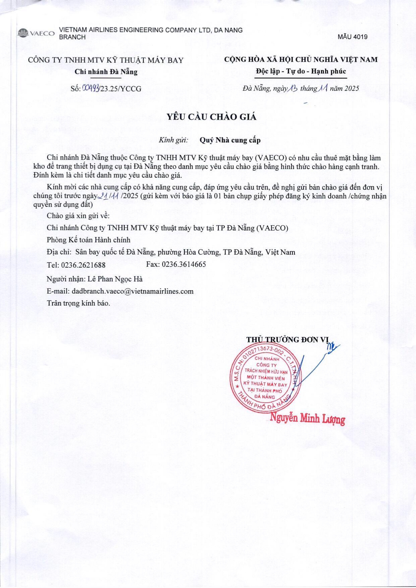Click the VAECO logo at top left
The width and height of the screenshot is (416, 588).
[36, 34]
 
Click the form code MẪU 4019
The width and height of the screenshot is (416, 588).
[352, 37]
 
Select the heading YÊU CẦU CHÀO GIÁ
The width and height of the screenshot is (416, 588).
[212, 117]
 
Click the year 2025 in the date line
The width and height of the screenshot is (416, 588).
[351, 89]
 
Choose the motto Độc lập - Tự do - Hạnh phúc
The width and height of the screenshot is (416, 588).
[301, 71]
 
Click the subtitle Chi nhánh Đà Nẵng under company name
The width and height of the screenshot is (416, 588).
[106, 71]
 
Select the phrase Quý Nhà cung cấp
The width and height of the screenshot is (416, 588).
[230, 140]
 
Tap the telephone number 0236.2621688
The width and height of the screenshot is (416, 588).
[83, 265]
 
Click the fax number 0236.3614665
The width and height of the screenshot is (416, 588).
[184, 264]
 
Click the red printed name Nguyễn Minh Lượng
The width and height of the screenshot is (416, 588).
[308, 419]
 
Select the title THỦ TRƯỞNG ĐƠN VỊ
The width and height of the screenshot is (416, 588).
[288, 339]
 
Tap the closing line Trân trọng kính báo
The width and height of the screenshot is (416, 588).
[79, 303]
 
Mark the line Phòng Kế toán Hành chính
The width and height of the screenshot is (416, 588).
[89, 240]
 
